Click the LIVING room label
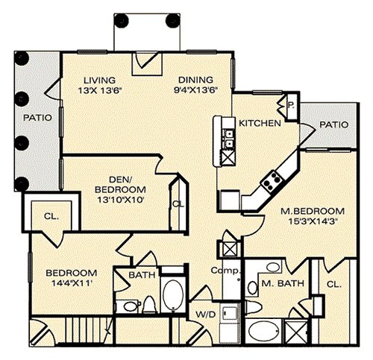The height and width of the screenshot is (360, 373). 99,80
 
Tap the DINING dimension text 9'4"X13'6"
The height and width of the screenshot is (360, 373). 195,90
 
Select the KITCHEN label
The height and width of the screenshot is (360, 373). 260,123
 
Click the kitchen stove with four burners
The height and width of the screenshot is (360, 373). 272,181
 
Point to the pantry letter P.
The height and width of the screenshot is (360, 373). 291,105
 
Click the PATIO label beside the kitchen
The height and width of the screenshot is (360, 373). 334,124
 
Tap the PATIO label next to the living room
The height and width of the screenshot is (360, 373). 37,118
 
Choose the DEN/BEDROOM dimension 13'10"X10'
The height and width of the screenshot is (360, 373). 120,200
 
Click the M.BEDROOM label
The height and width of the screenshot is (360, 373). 313,211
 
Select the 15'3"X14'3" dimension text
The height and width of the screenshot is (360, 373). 313,221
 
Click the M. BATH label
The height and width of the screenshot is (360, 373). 283,283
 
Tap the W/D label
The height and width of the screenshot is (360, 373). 206,315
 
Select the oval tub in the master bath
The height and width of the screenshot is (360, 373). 264,331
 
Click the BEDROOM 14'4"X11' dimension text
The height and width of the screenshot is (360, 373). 72,283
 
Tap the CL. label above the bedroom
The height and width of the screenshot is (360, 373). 51,216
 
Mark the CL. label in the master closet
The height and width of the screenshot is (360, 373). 334,284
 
